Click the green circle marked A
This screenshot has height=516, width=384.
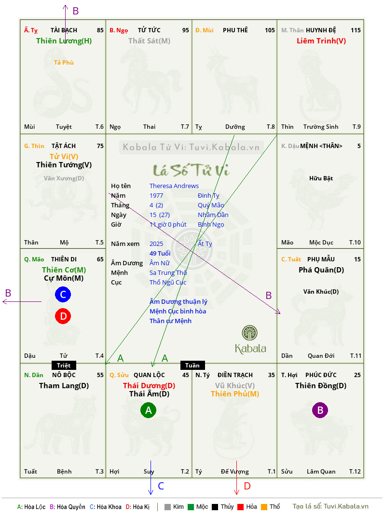149,410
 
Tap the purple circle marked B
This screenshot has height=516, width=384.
320,410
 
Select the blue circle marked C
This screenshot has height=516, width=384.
63,294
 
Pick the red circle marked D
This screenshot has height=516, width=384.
63,316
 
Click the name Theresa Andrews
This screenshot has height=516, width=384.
174,186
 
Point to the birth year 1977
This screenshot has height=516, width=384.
156,195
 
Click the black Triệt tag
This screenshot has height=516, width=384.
64,365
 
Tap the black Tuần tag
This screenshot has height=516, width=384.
192,365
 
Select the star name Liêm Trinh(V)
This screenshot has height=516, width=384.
321,41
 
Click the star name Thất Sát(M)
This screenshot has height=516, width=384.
149,41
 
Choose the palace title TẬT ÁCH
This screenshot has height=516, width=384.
64,146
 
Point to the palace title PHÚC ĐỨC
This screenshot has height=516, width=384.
321,375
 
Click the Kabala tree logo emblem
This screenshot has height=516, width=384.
249,333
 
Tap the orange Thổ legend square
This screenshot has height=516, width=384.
264,507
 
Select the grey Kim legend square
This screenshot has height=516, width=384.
167,507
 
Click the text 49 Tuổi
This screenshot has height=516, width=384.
160,253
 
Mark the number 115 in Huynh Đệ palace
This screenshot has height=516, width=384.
356,30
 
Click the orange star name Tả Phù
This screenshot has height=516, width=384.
64,63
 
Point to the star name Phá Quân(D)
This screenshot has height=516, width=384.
321,270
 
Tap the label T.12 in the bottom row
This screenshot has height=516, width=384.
355,471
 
